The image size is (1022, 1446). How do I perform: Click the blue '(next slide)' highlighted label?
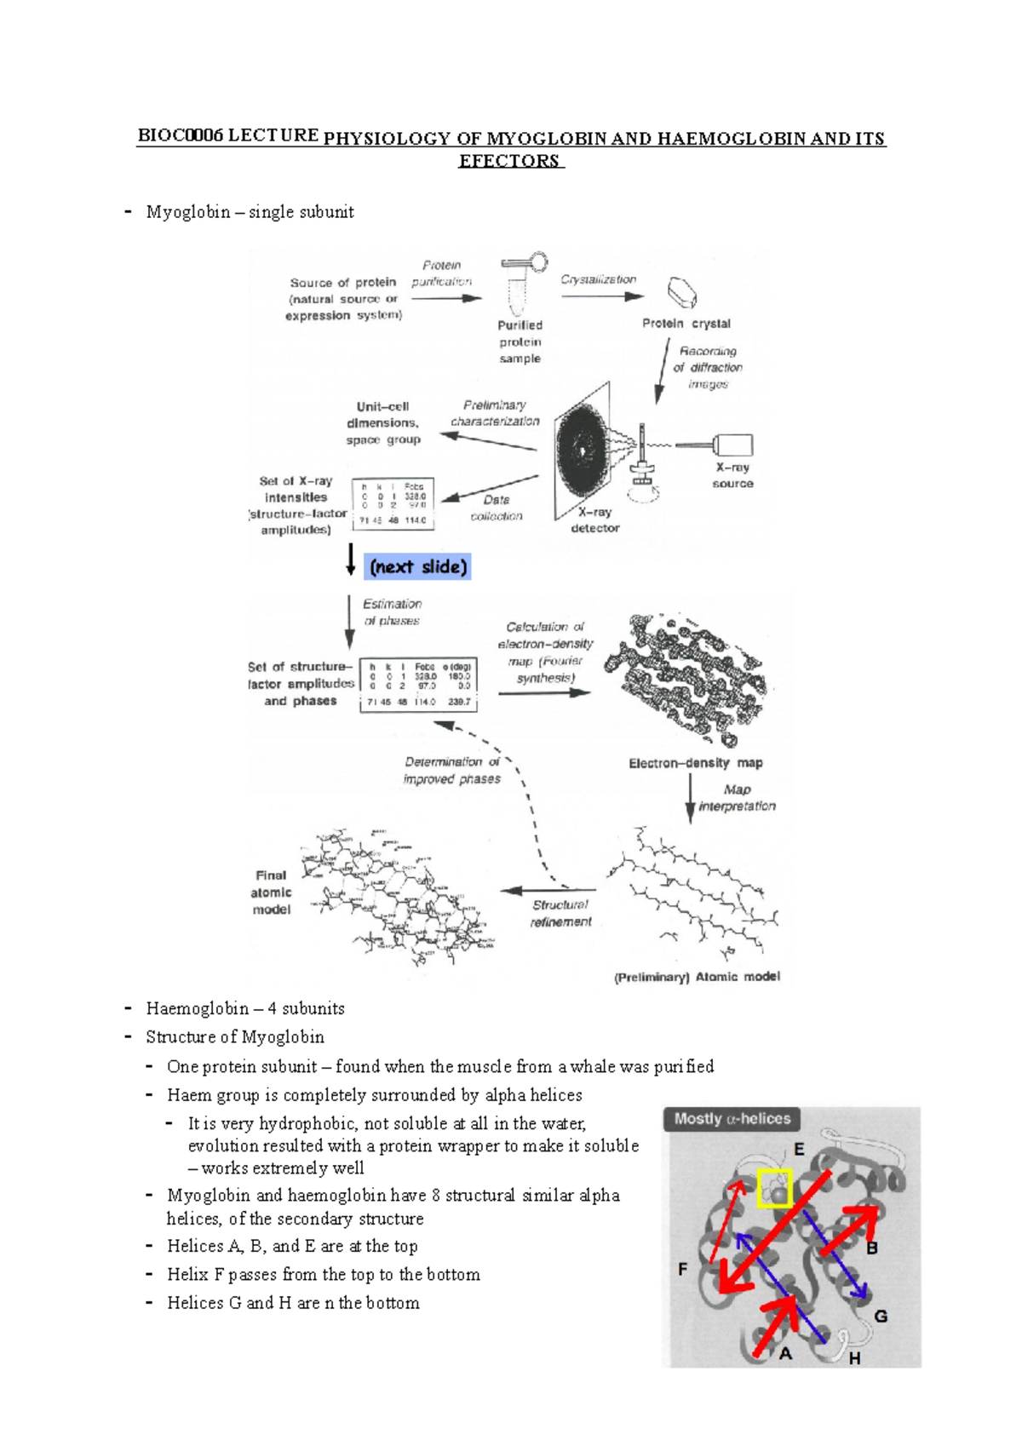point(417,567)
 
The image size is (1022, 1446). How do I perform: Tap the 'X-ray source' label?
point(732,475)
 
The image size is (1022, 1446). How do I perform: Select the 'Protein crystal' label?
point(686,324)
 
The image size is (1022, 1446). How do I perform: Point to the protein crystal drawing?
point(682,292)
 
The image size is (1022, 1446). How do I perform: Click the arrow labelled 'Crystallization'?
point(601,296)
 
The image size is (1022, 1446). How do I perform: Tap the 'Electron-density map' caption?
point(695,763)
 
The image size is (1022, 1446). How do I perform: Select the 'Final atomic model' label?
point(271,892)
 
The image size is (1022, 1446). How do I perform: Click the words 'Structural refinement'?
point(560,913)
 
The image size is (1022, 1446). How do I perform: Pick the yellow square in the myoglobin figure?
point(774,1189)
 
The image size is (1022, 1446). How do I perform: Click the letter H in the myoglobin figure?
point(854,1358)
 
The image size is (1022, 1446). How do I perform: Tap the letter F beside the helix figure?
point(682,1269)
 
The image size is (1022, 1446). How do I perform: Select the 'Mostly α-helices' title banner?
point(732,1119)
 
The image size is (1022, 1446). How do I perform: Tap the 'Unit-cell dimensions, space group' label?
point(382,423)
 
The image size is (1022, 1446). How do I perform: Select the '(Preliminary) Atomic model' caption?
point(697,977)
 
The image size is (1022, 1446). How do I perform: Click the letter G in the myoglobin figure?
point(881,1316)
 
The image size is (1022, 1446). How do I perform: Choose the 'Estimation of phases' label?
point(392,612)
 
